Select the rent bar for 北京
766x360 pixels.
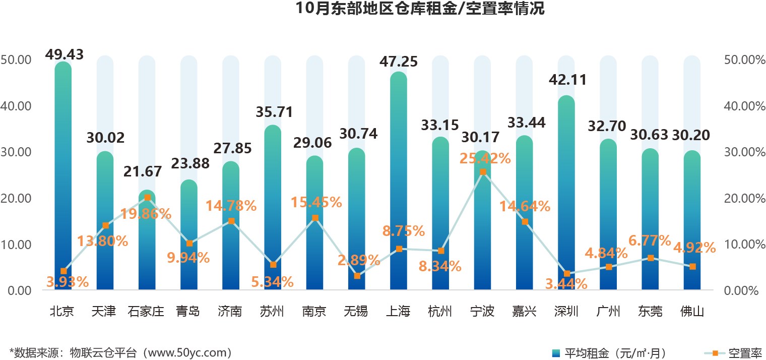[63, 176]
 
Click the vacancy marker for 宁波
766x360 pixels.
[483, 172]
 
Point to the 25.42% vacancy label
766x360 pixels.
[485, 158]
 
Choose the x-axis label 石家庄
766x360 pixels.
[146, 312]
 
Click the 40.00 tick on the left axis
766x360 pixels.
[17, 106]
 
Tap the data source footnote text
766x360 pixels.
[121, 352]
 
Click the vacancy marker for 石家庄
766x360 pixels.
[147, 198]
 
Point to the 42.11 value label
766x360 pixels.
[566, 80]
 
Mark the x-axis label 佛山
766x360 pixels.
[692, 312]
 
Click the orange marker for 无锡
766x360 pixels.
[357, 276]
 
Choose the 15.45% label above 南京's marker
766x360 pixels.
[316, 203]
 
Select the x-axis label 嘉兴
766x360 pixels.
[524, 312]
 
